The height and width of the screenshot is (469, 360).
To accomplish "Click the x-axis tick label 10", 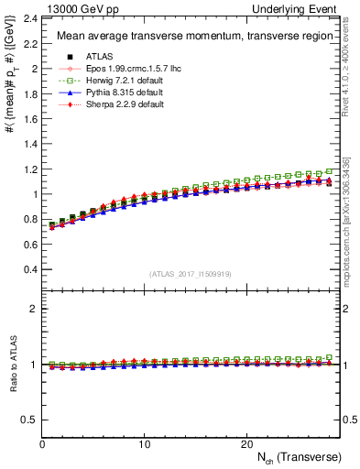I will tap(144, 444).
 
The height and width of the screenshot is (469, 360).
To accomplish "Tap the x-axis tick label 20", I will tap(245, 444).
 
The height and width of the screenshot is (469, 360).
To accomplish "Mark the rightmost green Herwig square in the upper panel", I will tap(330, 170).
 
